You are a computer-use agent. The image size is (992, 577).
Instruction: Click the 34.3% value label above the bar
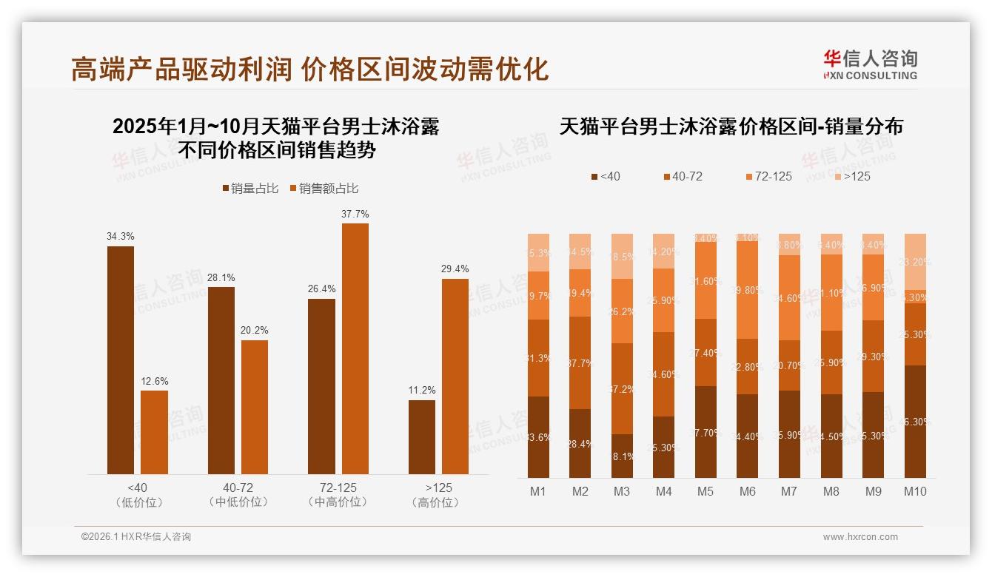[x=121, y=236]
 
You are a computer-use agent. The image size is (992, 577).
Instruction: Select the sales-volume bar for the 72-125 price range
[x=321, y=386]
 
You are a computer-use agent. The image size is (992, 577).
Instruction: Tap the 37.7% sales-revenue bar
[x=355, y=348]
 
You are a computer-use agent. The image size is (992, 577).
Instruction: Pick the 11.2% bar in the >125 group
[x=422, y=436]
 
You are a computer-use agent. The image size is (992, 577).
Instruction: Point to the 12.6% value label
[x=154, y=381]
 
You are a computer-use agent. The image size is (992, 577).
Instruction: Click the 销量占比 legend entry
[x=250, y=189]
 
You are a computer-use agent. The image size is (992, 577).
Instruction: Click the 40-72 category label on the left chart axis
[x=238, y=488]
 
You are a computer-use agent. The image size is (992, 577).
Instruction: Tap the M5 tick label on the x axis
[x=705, y=491]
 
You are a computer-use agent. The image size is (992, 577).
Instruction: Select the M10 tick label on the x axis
[x=915, y=491]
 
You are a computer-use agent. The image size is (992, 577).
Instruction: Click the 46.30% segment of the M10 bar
[x=915, y=421]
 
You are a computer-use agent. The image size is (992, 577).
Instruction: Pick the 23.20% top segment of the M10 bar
[x=915, y=261]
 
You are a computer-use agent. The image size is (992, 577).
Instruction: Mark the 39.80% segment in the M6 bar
[x=748, y=290]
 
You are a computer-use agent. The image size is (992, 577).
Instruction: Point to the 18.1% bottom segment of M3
[x=622, y=456]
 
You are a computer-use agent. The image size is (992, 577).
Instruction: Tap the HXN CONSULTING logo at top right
[x=871, y=65]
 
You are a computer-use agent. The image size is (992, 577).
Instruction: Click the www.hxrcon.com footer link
[x=860, y=537]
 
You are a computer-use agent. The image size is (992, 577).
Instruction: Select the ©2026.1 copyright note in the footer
[x=136, y=537]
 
